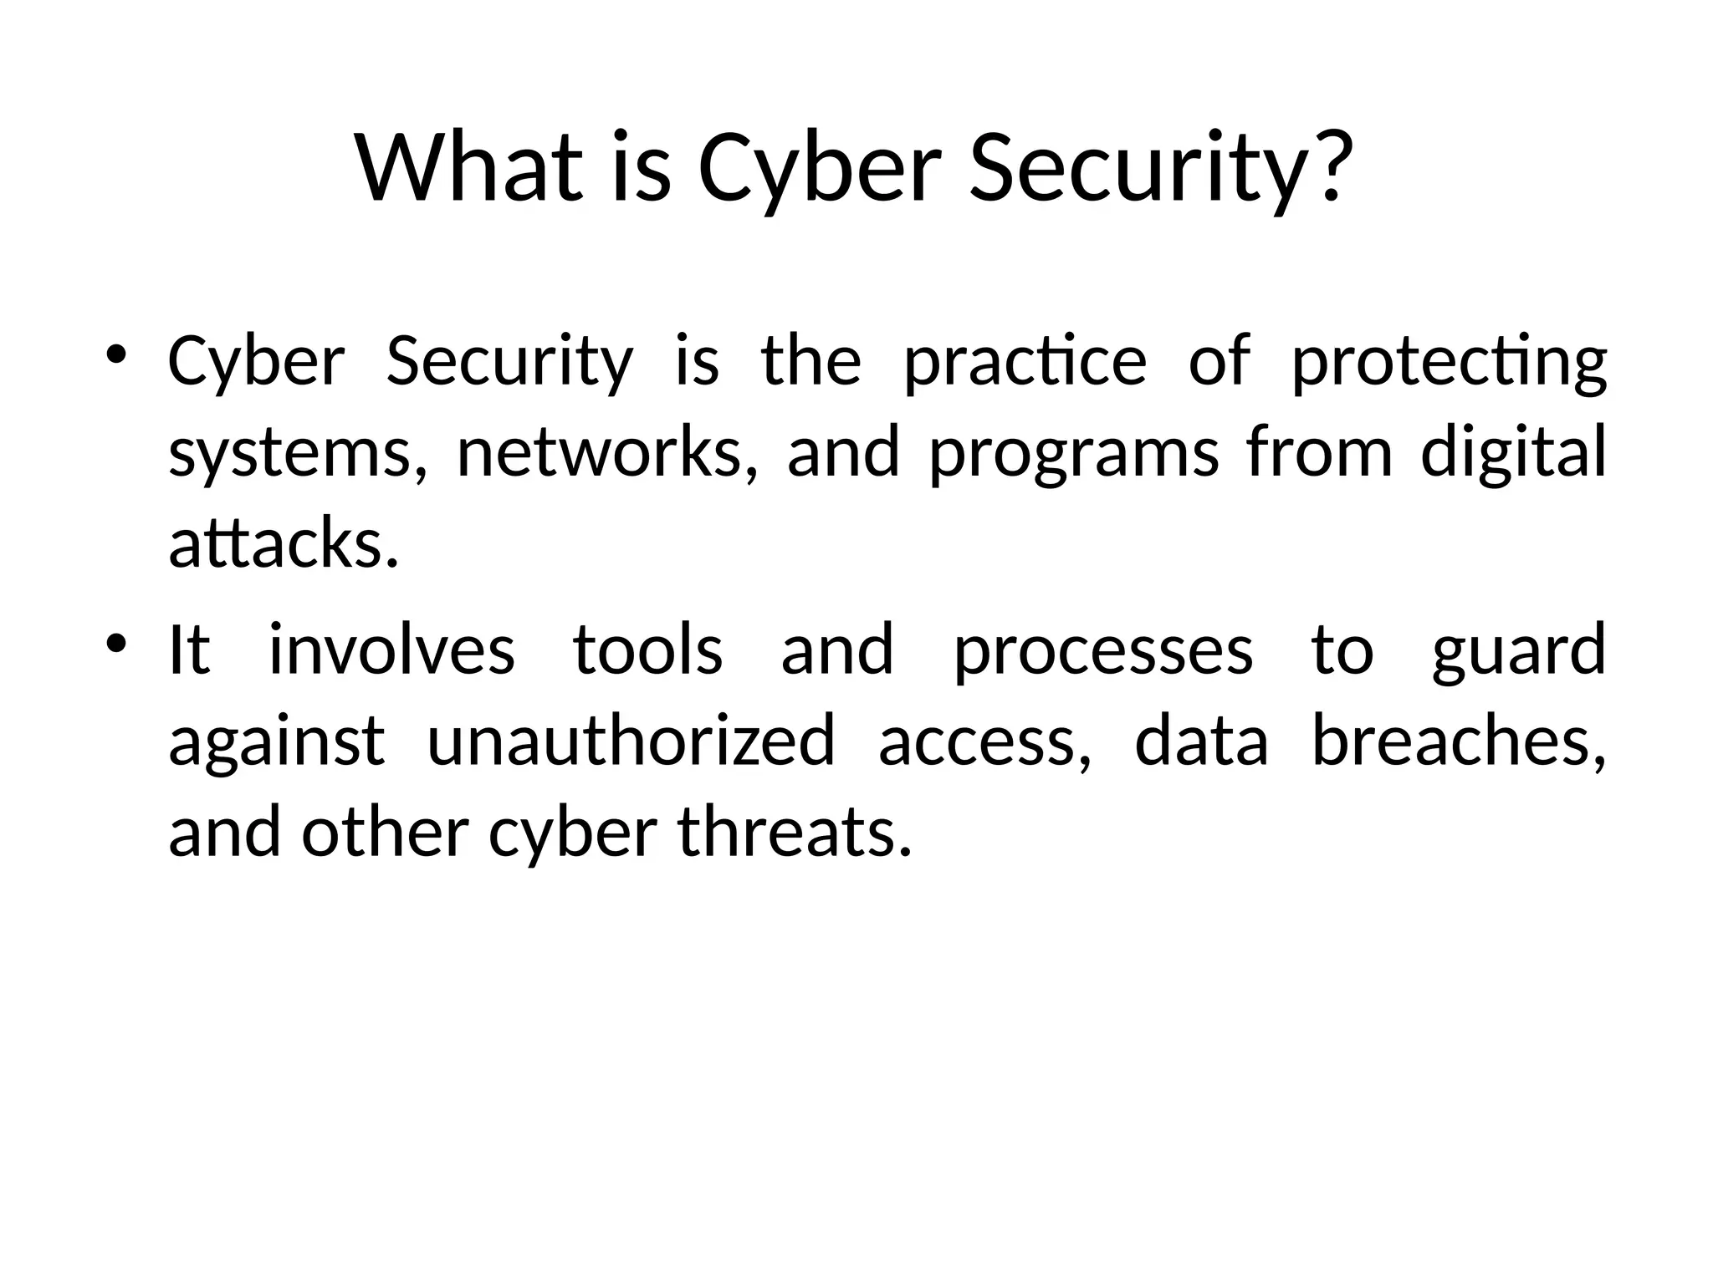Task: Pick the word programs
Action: pos(1073,454)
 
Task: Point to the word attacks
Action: pos(282,543)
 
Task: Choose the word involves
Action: pos(391,650)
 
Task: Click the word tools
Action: pos(647,650)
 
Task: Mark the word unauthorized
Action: pos(631,741)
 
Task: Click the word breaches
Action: pos(1458,741)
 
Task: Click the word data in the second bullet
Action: pos(1201,741)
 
